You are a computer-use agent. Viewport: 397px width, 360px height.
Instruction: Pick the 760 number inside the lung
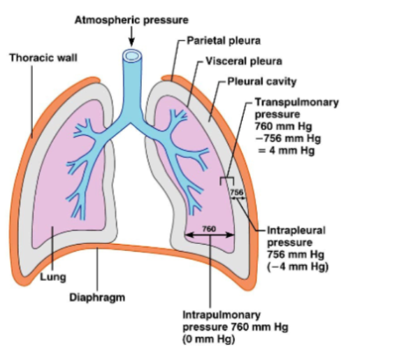click(x=209, y=229)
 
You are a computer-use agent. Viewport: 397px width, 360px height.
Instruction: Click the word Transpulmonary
click(x=296, y=103)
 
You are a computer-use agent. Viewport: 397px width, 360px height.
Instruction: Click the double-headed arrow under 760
click(x=210, y=236)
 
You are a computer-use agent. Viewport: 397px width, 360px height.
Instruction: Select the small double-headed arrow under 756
click(x=238, y=199)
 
